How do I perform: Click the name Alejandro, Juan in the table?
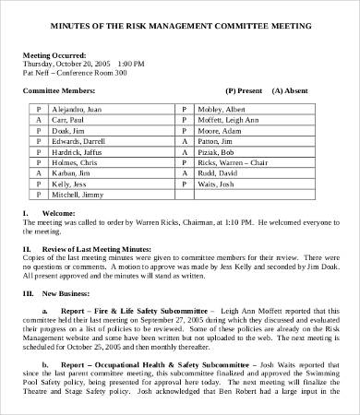click(76, 109)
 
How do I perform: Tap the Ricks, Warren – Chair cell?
click(229, 160)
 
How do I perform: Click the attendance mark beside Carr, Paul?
click(39, 120)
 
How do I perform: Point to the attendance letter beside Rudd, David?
click(184, 172)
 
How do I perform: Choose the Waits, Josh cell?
click(215, 183)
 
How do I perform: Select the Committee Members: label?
click(59, 91)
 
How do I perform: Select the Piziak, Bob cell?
click(215, 150)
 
